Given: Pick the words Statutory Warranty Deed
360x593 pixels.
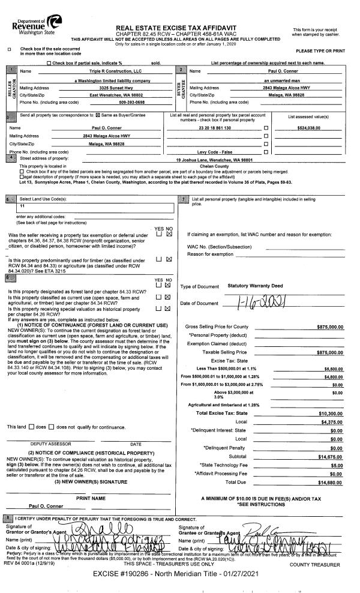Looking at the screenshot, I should pyautogui.click(x=256, y=286).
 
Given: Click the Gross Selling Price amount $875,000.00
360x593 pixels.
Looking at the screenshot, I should pyautogui.click(x=329, y=327).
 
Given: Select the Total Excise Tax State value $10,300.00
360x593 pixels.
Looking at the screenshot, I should pyautogui.click(x=329, y=414).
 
